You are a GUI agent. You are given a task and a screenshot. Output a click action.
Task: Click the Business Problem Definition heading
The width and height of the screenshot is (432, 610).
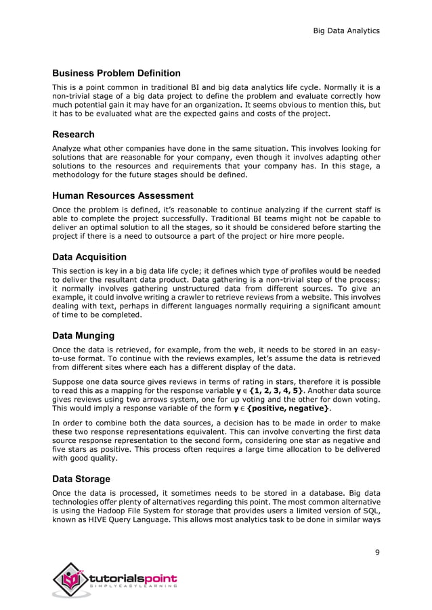[x=116, y=73]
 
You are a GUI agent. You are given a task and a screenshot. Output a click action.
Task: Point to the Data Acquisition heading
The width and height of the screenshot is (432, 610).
[x=89, y=257]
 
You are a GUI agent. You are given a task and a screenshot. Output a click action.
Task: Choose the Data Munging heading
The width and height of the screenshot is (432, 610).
[x=83, y=335]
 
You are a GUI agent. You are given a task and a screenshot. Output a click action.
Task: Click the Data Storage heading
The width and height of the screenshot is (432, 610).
[x=81, y=479]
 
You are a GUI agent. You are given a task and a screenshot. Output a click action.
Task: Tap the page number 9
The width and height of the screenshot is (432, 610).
[x=377, y=553]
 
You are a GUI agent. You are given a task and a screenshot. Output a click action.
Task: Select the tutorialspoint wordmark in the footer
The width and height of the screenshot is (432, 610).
[x=133, y=578]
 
